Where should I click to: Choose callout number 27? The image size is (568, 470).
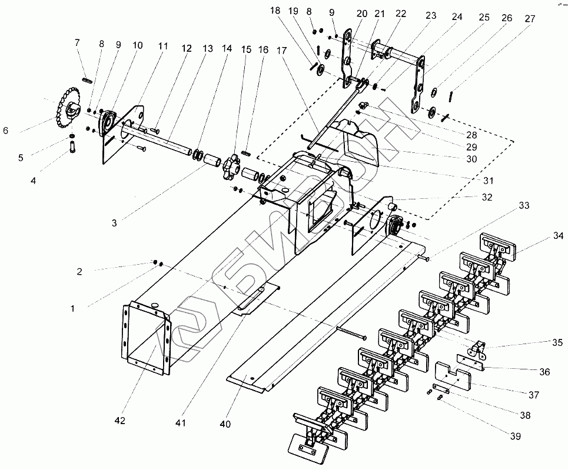(529, 18)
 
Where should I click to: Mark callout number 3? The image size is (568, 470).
(114, 223)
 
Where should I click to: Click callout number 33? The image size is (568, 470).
(523, 206)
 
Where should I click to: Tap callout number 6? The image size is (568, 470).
(6, 131)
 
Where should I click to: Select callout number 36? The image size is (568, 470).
(544, 372)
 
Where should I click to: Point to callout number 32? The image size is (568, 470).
(486, 197)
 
